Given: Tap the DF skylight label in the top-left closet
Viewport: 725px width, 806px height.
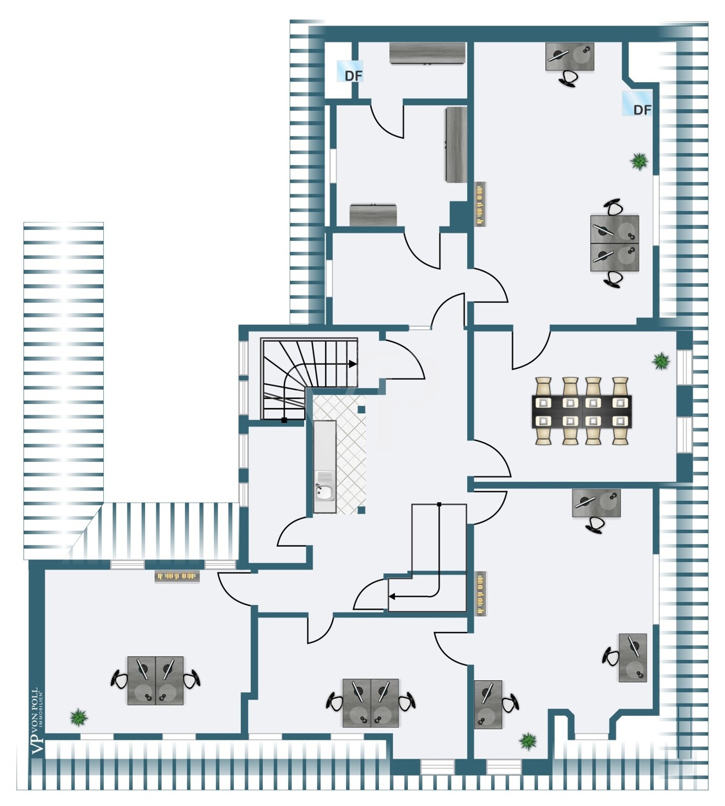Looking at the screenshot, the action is pos(353,76).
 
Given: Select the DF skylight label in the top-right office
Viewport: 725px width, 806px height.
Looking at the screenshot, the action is pos(642,110).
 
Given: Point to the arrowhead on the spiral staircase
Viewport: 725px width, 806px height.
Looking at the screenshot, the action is pos(353,364).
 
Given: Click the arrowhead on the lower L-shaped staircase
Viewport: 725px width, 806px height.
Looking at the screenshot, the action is pos(392,596).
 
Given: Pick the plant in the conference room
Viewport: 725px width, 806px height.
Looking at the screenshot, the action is pos(661,361).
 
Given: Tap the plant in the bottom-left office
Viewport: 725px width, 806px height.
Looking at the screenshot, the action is pos(79,717).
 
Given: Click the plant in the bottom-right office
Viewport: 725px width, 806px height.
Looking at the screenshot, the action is pos(528,742).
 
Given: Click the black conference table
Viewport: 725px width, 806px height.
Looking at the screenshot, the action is pos(582,412).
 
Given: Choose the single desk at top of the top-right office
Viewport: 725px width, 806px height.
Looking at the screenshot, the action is pos(570,56).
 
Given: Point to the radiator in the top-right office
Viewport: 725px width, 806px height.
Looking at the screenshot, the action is pos(480,204).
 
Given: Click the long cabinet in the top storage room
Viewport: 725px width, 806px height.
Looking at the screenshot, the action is pos(428,53).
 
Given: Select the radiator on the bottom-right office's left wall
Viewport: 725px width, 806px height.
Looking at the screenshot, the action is pos(480,593).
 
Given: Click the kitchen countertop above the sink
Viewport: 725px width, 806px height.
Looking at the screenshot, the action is pos(325,445).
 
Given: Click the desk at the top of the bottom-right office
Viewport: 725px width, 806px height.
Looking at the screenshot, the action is pos(597,503).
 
